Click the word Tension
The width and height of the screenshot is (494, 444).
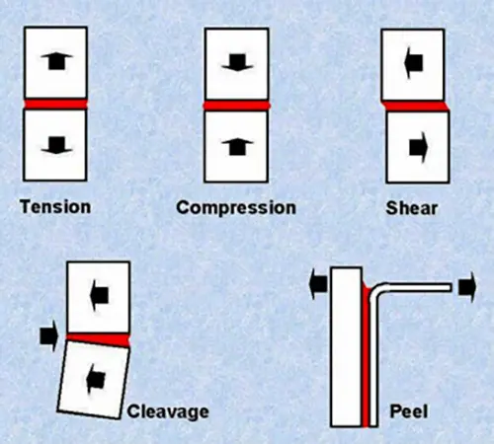55,207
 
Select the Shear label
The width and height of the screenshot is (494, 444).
414,208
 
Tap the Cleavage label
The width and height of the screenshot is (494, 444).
168,410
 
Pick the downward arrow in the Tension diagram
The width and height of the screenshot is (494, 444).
55,146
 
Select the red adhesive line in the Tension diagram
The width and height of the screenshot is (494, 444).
55,104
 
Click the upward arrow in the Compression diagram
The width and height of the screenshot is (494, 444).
235,146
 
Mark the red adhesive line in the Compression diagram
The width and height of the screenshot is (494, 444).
235,104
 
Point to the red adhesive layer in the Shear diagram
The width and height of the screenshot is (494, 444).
415,105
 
